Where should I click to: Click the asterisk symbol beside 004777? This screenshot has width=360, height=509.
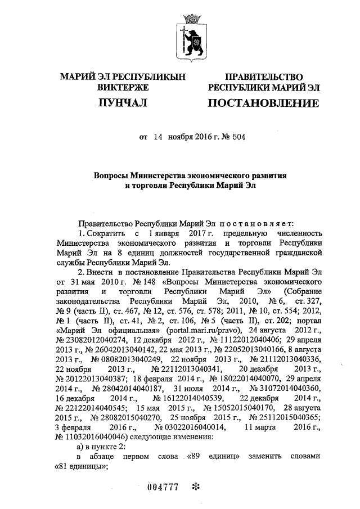[x=195, y=487]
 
